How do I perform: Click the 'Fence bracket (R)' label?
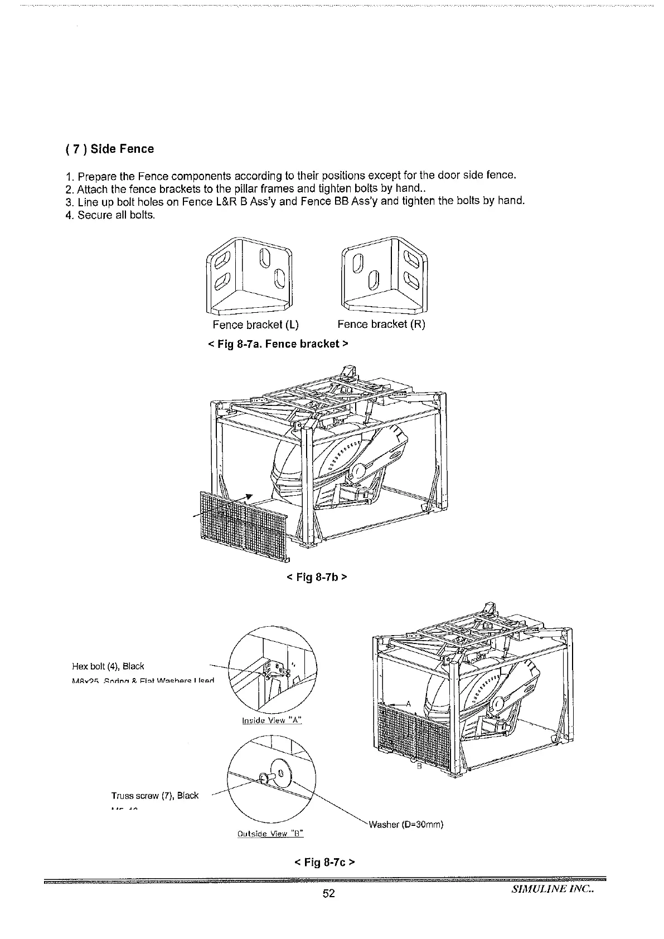click(x=381, y=325)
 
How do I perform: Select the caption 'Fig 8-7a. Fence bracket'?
click(x=278, y=343)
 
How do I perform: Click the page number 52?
click(x=329, y=894)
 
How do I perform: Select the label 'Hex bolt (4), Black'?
click(x=108, y=666)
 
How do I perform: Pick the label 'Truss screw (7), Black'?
click(x=155, y=796)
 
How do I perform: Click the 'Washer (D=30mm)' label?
click(x=405, y=825)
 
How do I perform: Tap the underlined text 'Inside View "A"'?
click(x=272, y=720)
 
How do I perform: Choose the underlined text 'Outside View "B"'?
click(x=269, y=834)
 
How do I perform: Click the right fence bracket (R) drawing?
click(x=385, y=275)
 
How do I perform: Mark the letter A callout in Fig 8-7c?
click(x=408, y=704)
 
